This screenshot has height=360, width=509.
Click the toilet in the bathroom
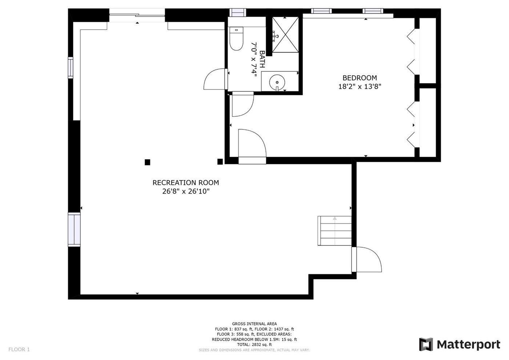[236, 39]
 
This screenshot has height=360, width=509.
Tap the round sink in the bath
[277, 82]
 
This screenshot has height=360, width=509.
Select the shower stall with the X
[285, 35]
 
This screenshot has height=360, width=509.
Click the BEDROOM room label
[360, 78]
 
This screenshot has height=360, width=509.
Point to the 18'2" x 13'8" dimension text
[360, 87]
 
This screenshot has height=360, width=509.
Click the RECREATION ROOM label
[186, 183]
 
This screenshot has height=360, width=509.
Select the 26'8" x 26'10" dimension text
[186, 191]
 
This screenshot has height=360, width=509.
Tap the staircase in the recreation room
[334, 231]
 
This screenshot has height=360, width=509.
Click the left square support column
[148, 162]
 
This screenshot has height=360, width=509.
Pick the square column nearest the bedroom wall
[220, 161]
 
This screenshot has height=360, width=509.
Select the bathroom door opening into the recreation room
[215, 79]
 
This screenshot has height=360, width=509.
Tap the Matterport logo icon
[426, 344]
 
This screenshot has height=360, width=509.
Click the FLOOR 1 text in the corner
[19, 349]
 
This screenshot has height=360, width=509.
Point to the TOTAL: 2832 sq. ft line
[254, 345]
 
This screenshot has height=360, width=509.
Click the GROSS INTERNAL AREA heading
[254, 324]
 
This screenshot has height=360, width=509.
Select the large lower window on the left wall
[74, 229]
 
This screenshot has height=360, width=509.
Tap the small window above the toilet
[238, 12]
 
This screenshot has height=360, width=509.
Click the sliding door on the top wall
[137, 15]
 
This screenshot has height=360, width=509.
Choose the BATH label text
[262, 59]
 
